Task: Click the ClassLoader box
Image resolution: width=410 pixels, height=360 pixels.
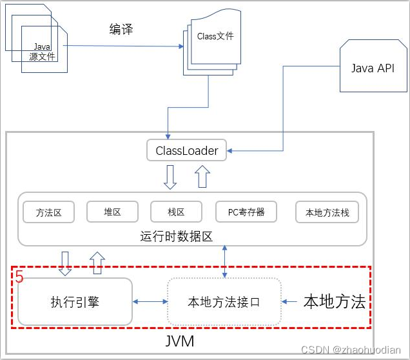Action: tap(186, 150)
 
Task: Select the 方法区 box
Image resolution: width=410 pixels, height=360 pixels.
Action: tap(48, 212)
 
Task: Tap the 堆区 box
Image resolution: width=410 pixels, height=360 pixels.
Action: tap(112, 212)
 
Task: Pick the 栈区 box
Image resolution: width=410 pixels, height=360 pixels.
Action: tap(176, 212)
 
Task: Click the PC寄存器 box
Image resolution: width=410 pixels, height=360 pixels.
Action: tap(246, 212)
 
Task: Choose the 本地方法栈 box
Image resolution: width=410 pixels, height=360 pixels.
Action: tap(327, 212)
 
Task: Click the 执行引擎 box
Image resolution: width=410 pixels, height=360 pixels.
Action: tap(75, 302)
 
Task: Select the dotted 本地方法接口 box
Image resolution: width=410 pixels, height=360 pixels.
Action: tap(224, 302)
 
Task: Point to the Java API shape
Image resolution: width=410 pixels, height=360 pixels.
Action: tap(373, 66)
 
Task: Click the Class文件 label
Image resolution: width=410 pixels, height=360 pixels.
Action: tap(215, 36)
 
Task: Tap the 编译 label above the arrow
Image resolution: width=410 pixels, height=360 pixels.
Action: tap(121, 29)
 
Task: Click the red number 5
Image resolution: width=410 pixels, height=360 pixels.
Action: tap(19, 276)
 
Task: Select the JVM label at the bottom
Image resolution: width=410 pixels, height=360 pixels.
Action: tap(180, 341)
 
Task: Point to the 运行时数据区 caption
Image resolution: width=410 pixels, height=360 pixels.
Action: tap(177, 236)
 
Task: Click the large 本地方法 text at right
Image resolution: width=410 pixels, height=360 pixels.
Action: tap(335, 301)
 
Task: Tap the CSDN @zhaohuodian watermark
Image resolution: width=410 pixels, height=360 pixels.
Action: tap(351, 350)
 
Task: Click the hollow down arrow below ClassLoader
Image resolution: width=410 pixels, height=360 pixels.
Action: tap(170, 177)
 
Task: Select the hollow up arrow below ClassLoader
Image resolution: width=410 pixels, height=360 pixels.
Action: tap(202, 177)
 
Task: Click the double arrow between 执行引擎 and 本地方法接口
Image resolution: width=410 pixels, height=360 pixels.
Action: tap(150, 302)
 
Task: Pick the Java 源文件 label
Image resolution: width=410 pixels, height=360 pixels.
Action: tap(42, 52)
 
